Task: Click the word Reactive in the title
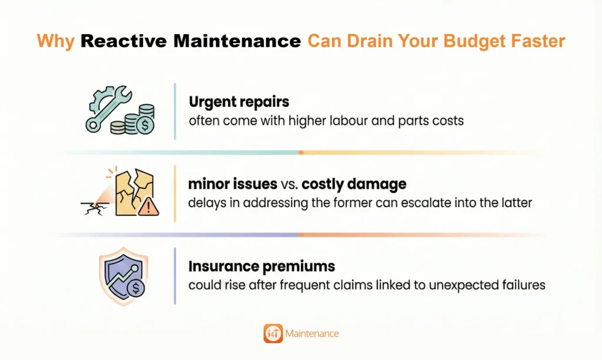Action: (120, 42)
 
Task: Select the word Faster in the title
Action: (543, 42)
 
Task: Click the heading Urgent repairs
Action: (239, 102)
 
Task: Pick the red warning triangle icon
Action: (149, 206)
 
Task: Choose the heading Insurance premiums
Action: (262, 266)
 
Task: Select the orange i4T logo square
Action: (273, 333)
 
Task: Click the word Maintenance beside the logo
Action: (312, 334)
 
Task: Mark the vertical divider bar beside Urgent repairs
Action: (175, 111)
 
